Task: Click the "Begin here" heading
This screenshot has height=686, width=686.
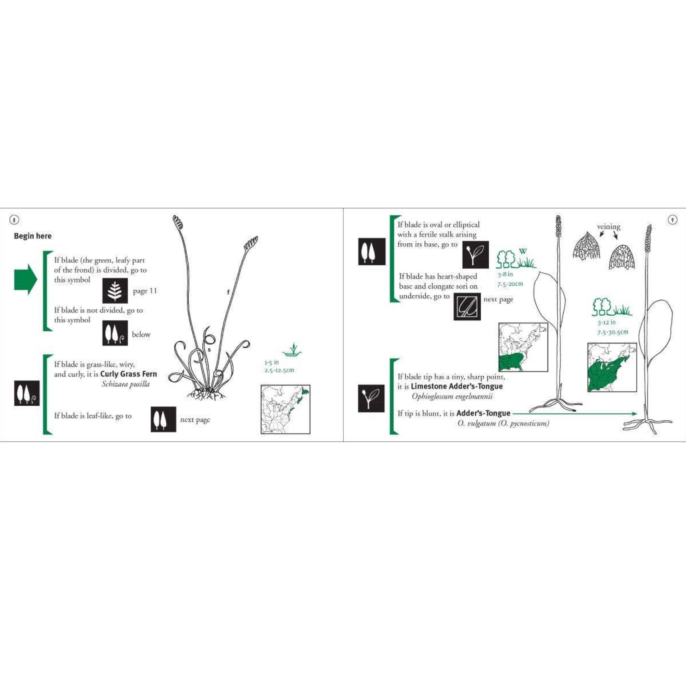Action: click(33, 236)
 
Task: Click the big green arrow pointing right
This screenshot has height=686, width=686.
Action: click(25, 279)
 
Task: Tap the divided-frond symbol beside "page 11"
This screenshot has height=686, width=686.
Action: click(115, 291)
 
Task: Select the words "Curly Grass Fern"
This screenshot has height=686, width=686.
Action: click(129, 374)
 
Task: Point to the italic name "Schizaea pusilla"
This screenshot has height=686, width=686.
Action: click(126, 384)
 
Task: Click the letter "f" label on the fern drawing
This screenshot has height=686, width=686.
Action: click(228, 292)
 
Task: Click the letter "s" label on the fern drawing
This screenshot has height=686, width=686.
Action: click(209, 350)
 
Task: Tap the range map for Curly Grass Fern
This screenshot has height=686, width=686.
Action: click(285, 409)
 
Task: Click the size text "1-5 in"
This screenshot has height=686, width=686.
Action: click(272, 362)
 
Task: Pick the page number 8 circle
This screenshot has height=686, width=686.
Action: click(14, 220)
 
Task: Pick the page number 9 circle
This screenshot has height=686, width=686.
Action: click(673, 220)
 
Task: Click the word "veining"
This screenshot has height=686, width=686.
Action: click(609, 226)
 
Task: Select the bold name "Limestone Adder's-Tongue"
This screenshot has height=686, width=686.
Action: click(457, 386)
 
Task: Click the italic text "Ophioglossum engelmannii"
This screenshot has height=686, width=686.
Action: click(452, 397)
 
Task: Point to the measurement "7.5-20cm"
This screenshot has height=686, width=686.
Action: click(510, 284)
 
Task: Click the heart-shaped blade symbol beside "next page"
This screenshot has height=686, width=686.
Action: click(467, 306)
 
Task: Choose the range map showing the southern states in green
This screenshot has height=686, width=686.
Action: click(524, 347)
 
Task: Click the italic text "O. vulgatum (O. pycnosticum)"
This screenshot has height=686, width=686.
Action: click(503, 423)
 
